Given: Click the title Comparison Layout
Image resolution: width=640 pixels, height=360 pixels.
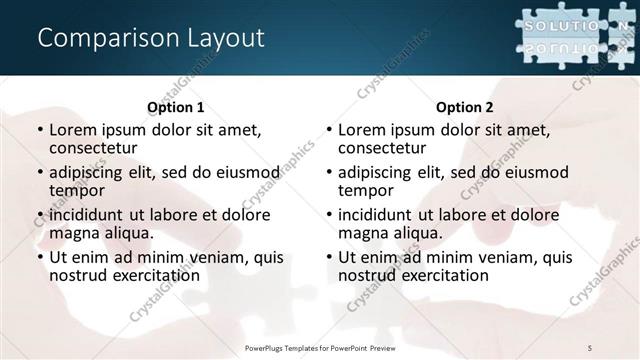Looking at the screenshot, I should click(x=150, y=38).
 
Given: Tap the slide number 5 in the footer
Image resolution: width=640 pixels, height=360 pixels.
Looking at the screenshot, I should click(x=589, y=346).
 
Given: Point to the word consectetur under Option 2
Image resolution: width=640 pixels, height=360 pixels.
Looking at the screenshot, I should click(x=381, y=149).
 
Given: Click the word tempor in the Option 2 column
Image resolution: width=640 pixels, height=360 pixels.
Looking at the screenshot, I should click(x=365, y=191).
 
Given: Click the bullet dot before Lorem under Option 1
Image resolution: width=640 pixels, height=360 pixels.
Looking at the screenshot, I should click(x=38, y=131).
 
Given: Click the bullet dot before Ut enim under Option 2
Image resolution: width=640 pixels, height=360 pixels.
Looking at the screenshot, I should click(x=327, y=257).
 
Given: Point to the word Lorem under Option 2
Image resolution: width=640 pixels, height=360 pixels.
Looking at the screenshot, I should click(x=361, y=130).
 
